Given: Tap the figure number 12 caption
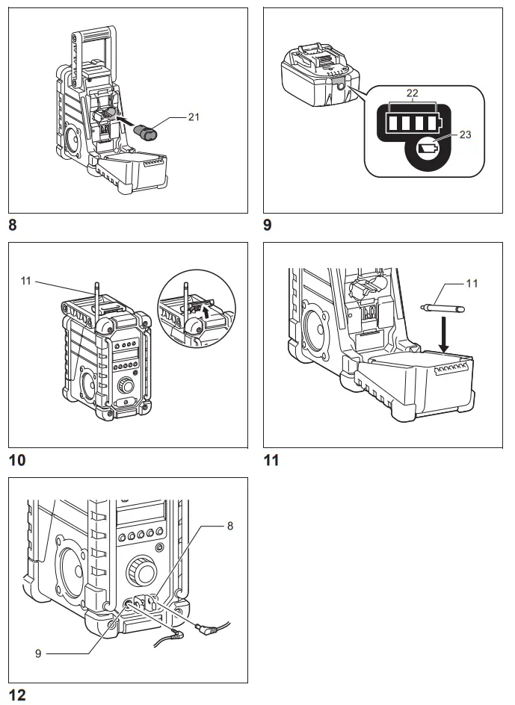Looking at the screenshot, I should click(16, 695).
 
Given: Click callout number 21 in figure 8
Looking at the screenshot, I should click(196, 117).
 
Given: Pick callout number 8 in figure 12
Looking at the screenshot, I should click(229, 527).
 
